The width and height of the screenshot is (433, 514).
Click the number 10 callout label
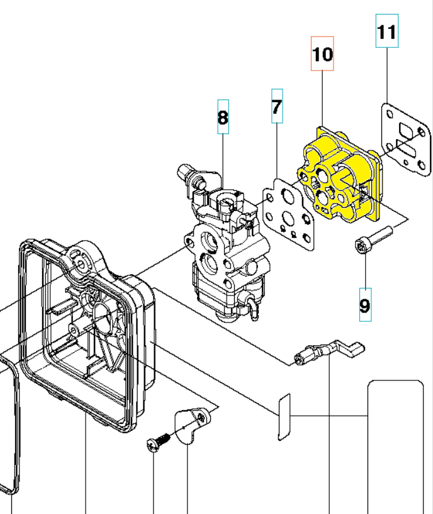(x=322, y=54)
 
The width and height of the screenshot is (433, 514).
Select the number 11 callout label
(x=387, y=31)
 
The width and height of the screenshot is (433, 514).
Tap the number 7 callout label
(x=277, y=106)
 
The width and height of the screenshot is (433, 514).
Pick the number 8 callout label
(x=223, y=117)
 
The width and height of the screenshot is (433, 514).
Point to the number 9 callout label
(x=365, y=305)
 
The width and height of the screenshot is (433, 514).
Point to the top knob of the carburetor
(x=187, y=171)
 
